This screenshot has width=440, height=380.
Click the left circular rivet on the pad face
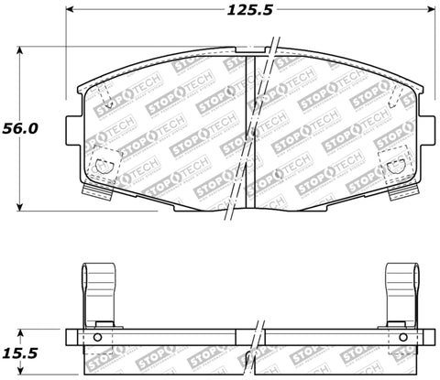(104, 167)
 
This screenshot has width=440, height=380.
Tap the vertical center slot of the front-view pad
(250, 128)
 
